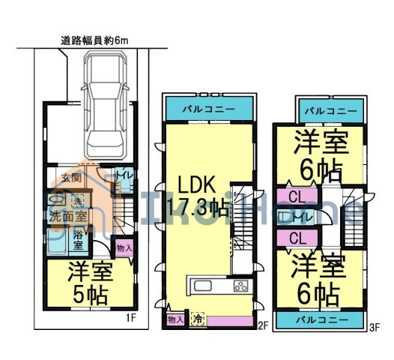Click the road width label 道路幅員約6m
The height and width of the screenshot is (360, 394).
pyautogui.click(x=94, y=43)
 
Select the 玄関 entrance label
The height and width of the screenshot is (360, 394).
pyautogui.click(x=71, y=178)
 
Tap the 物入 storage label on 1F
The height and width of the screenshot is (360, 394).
pyautogui.click(x=124, y=247)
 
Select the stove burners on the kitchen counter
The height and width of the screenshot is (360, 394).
pyautogui.click(x=240, y=286)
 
